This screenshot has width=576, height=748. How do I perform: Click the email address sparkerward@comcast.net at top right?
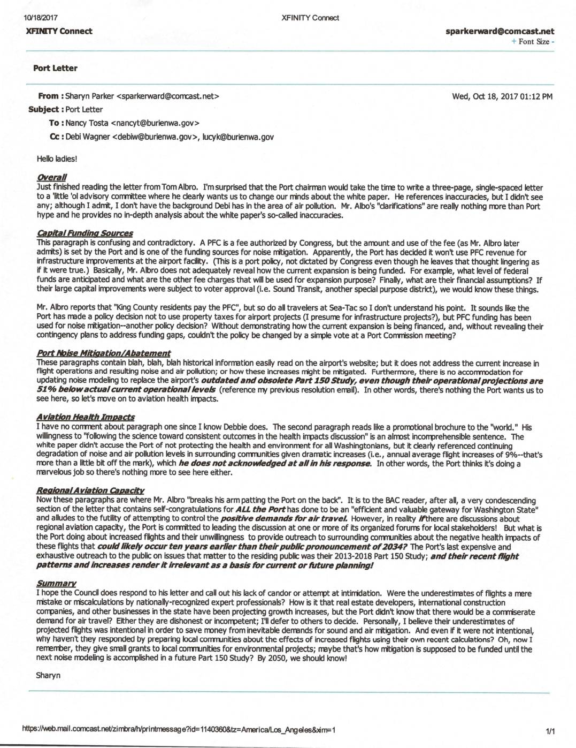click(500, 32)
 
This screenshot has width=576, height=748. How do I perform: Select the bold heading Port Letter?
click(55, 68)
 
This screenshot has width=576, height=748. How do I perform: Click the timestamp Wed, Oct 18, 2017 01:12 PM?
click(502, 97)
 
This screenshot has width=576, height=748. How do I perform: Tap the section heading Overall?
click(51, 177)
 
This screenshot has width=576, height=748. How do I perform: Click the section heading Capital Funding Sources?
click(85, 233)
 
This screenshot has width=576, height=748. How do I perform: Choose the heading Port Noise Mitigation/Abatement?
click(103, 353)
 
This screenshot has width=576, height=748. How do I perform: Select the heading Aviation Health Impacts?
click(86, 417)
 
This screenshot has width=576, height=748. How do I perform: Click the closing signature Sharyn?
click(48, 675)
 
